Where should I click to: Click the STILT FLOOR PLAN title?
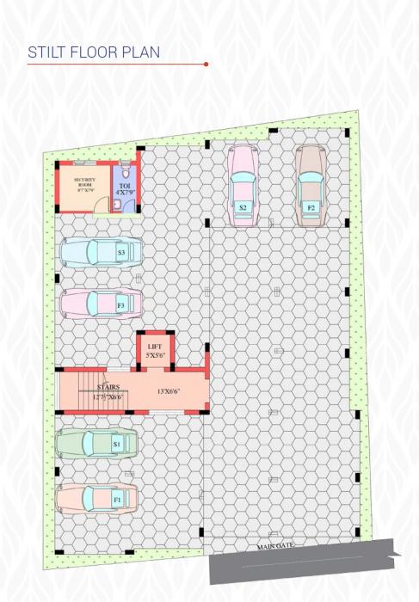coord(93,52)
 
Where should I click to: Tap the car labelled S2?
coord(243,184)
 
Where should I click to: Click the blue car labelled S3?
coord(100,252)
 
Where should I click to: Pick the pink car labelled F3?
coord(100,304)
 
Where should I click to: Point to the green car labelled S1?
coord(96,444)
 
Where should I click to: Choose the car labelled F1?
coord(96,498)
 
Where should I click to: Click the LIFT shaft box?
coord(156,350)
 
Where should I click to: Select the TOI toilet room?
coord(125,187)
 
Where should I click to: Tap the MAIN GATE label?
coord(276,546)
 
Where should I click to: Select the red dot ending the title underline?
coord(206,64)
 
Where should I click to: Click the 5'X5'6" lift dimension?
coord(156,354)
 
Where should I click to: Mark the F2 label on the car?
coord(311,207)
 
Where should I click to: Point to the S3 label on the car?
coord(122,252)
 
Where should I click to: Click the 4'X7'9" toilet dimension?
coord(125,192)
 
